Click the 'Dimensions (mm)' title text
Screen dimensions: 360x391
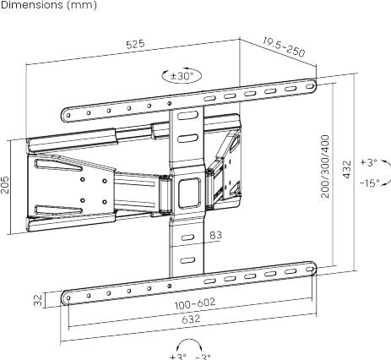click(48, 6)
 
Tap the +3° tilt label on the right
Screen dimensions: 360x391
click(368, 161)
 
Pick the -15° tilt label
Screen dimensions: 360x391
click(368, 183)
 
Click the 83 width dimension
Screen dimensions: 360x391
click(215, 236)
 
